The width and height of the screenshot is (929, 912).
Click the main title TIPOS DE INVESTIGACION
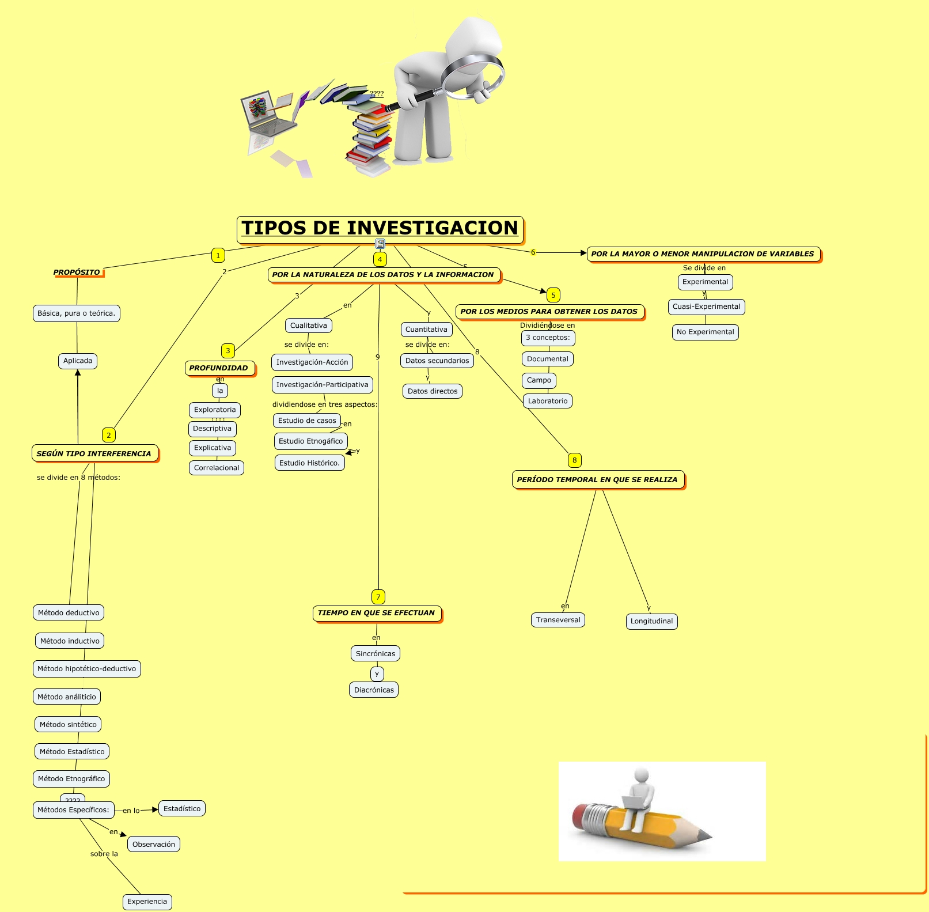point(380,228)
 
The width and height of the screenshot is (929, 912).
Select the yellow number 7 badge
point(378,597)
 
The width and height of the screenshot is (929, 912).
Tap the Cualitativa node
point(309,326)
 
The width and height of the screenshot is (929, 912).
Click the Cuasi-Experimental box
point(706,306)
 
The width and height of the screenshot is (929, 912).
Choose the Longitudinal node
point(651,621)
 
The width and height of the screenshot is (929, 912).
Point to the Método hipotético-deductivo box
point(87,669)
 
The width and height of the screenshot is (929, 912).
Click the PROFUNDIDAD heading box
point(219,368)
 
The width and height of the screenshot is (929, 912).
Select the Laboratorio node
point(548,401)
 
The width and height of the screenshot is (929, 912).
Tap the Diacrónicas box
point(374,690)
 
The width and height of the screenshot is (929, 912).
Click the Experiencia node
point(147,902)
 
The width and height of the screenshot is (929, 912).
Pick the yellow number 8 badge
point(574,460)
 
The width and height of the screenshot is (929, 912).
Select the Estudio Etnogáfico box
point(311,441)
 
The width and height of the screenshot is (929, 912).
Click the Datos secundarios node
point(437,361)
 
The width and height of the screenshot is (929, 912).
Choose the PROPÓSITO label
point(77,273)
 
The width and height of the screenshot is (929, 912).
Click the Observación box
point(154,844)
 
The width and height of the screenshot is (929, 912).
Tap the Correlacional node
point(217,468)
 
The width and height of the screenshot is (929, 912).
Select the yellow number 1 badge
point(218,255)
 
